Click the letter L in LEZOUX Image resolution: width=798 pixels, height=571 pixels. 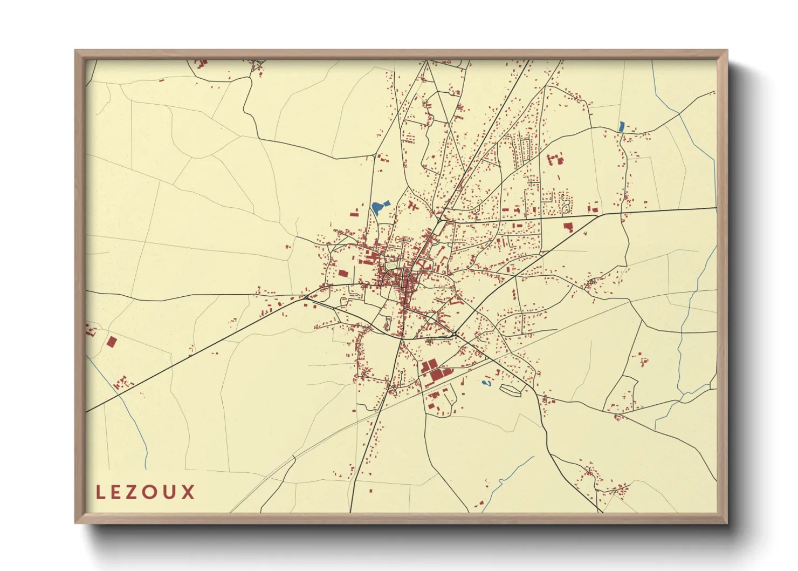coord(100,492)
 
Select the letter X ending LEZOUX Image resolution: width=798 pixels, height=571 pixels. coord(188,492)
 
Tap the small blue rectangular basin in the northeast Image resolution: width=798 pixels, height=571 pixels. coord(622,127)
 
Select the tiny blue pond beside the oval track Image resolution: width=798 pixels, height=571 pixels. coord(486,383)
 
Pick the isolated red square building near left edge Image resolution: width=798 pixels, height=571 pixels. coord(112,342)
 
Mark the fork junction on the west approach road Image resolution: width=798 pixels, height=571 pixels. coord(306,296)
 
